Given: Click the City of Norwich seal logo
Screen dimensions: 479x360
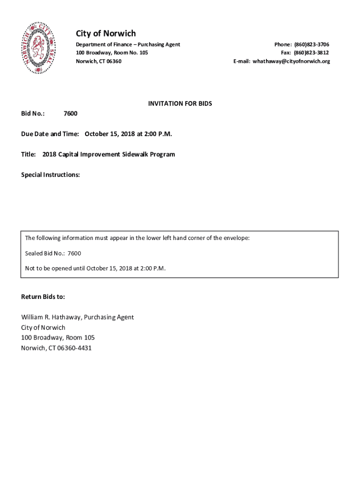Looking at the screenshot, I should point(39,48).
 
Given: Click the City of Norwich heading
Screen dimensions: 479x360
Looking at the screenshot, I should point(106,33).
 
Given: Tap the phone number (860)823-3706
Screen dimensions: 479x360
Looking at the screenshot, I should point(311,44).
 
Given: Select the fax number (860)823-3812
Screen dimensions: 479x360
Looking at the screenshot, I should point(311,53).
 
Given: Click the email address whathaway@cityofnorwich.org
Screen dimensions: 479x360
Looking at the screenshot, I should point(291,61).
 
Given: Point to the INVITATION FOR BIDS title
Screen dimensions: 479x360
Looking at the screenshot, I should point(180,103).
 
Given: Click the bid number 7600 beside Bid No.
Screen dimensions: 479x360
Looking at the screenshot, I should point(71,114).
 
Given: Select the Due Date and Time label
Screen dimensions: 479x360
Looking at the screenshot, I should point(50,134).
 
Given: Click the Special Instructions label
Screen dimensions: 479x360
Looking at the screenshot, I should point(50,175).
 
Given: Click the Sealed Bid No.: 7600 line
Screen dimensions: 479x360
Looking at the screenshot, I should point(53,254).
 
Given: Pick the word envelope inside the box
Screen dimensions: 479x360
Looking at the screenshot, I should point(236,238).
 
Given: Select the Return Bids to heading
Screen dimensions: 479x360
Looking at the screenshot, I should point(43,297).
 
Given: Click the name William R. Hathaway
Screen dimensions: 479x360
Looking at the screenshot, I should point(50,317).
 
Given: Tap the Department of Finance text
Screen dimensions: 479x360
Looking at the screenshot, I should point(104,44).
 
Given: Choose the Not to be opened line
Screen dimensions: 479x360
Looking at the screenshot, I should point(95,269).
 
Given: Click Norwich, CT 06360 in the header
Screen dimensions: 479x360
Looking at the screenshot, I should point(99,61).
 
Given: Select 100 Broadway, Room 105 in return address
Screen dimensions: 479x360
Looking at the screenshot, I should point(58,337).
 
